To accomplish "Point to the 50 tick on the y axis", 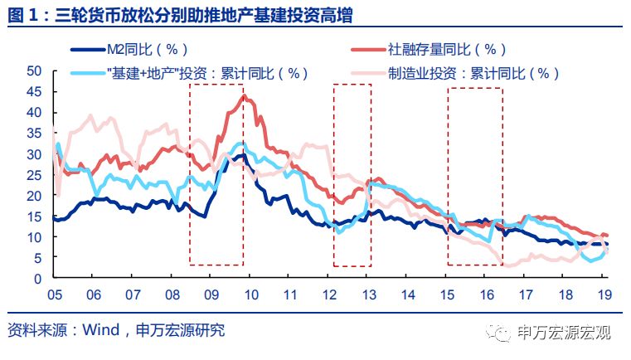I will point(34,71).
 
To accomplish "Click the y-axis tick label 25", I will point(34,174).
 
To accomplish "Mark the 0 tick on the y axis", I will point(38,278).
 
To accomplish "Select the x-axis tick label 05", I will point(54,294).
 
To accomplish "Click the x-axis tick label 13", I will point(368,294).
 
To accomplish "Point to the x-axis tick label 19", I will point(604,294).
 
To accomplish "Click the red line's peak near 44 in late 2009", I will point(243,96).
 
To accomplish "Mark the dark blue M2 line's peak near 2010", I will point(241,155).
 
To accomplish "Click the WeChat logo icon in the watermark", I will point(503,333).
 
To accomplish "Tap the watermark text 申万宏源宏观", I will point(564,333).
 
